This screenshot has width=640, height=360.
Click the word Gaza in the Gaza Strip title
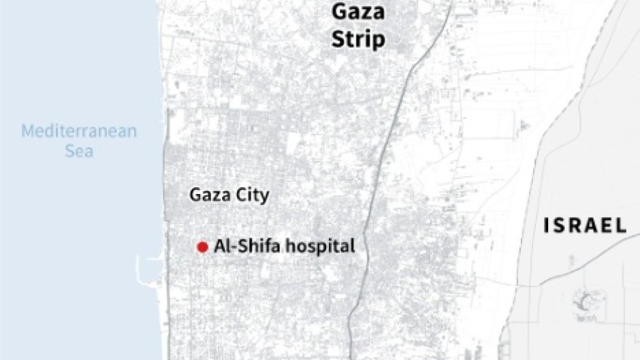click(357, 12)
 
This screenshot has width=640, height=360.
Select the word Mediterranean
click(79, 131)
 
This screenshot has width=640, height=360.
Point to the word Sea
click(79, 150)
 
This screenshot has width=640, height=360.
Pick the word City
click(250, 196)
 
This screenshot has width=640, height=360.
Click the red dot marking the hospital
click(202, 247)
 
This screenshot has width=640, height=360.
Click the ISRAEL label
click(585, 226)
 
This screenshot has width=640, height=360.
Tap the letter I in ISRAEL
click(547, 226)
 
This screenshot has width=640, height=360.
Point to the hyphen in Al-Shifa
click(233, 247)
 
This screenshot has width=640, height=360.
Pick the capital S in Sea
click(69, 150)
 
